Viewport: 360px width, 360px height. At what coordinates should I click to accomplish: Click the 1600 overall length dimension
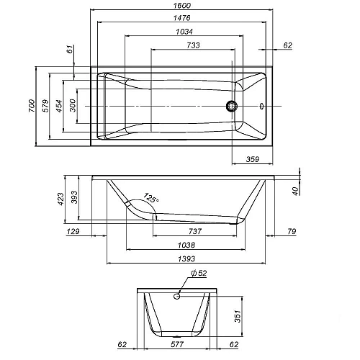tap(182, 6)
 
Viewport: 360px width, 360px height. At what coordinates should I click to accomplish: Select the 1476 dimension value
tap(182, 18)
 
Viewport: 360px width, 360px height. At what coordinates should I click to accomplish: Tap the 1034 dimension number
tap(184, 32)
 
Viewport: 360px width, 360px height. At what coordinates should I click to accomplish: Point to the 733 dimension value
tap(193, 45)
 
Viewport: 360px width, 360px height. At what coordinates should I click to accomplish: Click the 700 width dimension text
tap(32, 106)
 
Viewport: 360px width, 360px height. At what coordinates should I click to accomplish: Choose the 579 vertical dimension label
tap(45, 106)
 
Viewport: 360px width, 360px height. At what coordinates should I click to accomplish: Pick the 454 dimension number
tap(59, 106)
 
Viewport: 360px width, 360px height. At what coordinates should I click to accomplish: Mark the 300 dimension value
tap(73, 106)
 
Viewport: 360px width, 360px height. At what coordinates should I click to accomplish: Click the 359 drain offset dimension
tap(253, 159)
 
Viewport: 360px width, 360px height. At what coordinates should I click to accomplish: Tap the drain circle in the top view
tap(232, 106)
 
